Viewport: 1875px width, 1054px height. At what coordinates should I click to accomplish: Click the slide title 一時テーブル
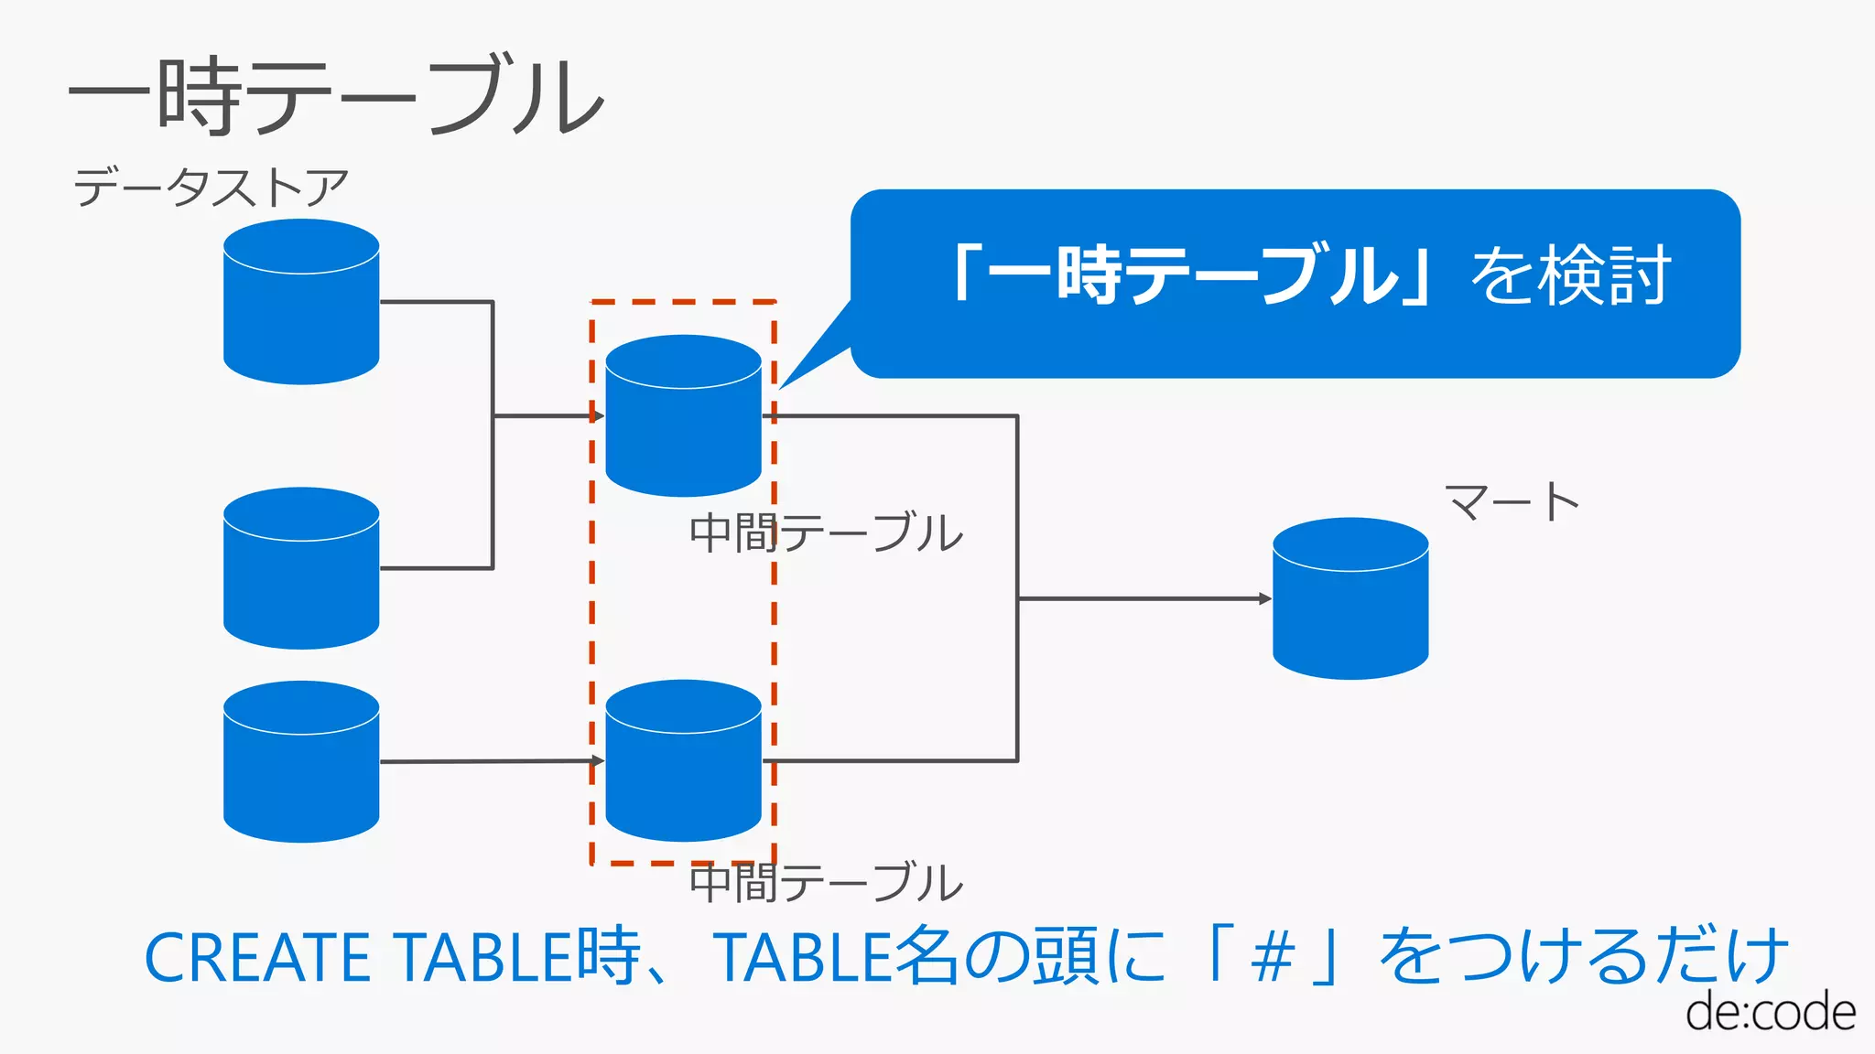click(337, 96)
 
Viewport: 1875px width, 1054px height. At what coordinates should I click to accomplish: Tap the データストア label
click(211, 188)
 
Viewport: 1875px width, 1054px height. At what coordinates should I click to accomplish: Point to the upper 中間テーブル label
click(826, 532)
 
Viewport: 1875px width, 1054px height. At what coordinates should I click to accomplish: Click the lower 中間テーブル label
click(826, 883)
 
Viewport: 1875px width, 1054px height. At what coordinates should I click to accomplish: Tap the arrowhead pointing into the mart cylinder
click(1265, 598)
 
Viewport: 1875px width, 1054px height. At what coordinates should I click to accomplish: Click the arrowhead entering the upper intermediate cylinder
click(598, 416)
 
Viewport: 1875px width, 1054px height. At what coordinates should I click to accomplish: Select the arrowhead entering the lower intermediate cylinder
click(598, 760)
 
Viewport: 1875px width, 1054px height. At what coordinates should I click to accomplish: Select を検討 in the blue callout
click(1571, 275)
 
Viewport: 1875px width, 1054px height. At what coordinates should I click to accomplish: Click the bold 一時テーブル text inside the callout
click(1190, 275)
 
